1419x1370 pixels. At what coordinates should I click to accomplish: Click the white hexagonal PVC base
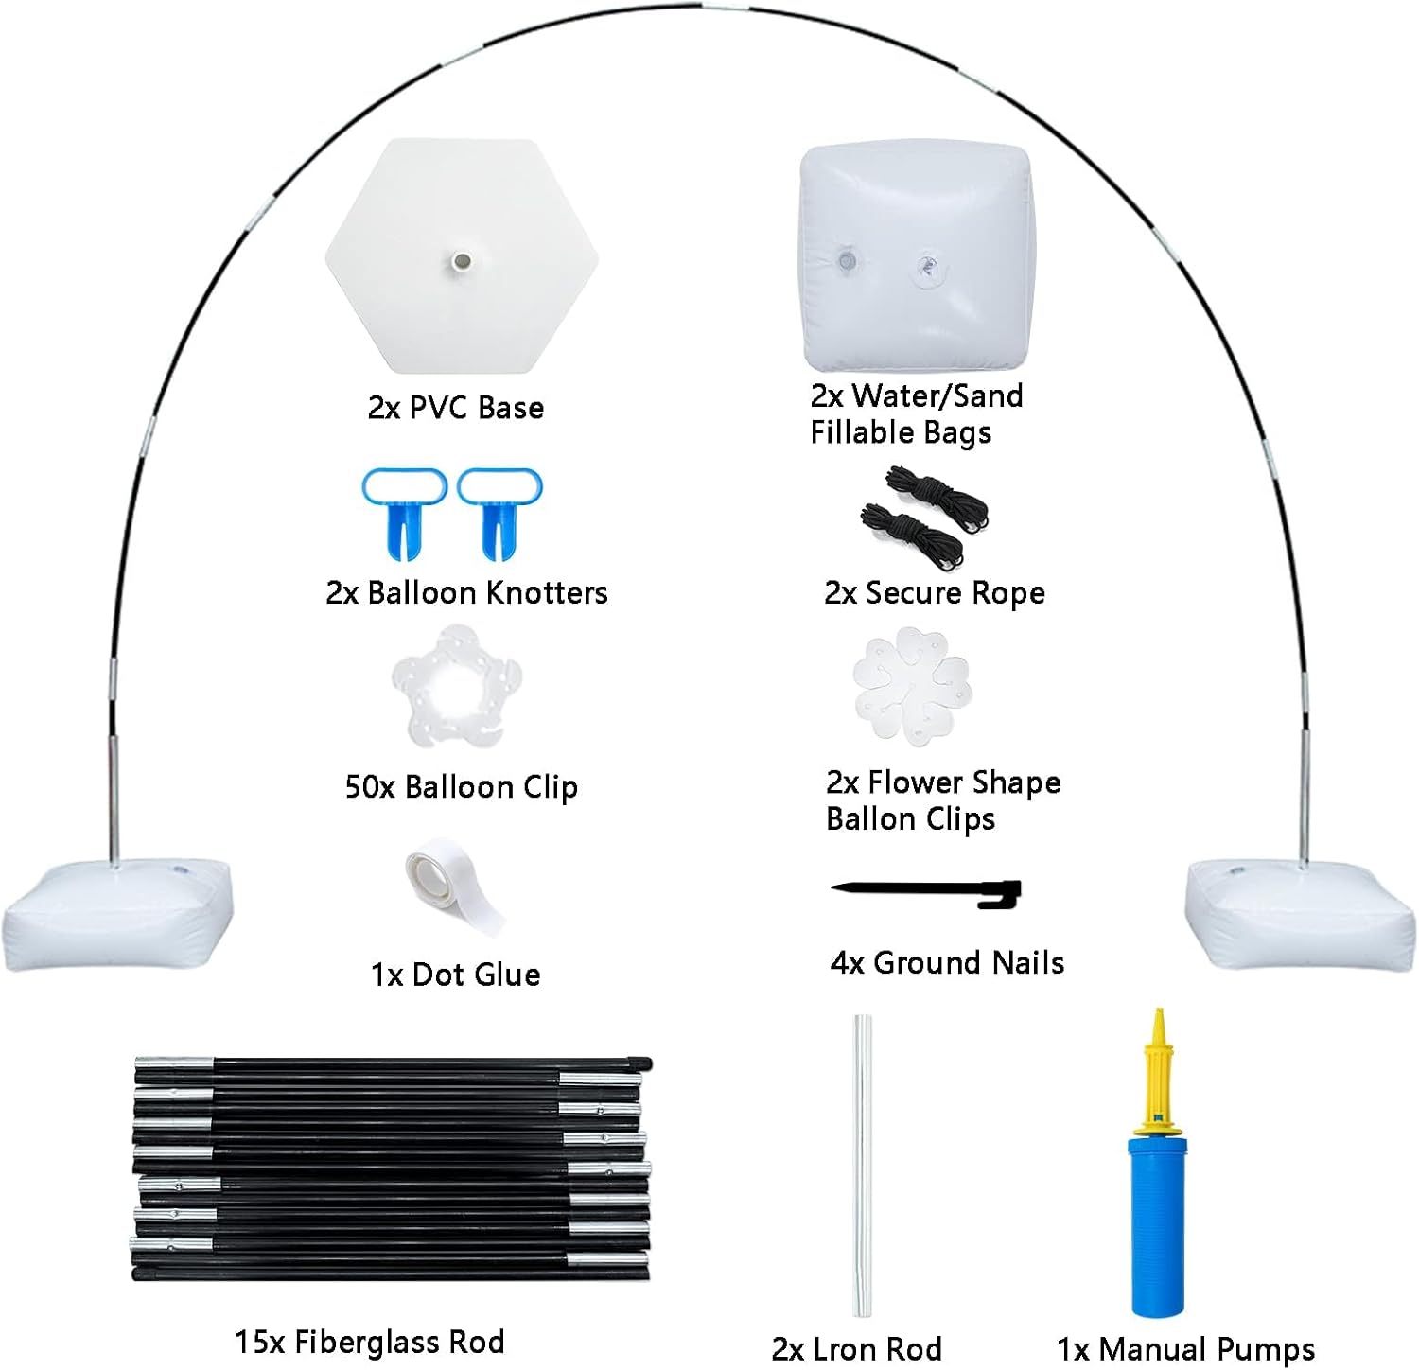[462, 256]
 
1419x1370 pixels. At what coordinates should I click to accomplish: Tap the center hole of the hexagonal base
[462, 259]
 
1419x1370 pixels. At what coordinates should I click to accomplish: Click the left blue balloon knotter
[404, 511]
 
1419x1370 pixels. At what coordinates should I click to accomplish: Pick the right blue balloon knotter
[500, 511]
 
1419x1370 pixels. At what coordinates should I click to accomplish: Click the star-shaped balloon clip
[457, 687]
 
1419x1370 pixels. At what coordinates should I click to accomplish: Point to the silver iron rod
[861, 1165]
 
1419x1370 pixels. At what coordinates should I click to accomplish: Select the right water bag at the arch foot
[1301, 912]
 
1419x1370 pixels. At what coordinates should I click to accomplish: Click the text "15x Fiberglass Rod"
[370, 1341]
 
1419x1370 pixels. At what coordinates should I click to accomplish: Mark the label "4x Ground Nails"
[947, 962]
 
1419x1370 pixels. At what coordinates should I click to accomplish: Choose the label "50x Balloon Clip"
[461, 787]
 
